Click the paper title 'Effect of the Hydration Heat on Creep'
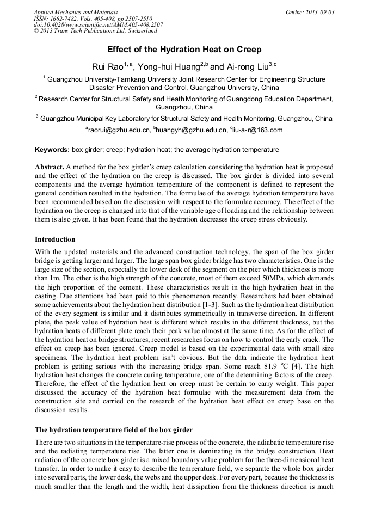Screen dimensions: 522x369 (184, 50)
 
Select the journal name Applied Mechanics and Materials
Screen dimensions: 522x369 (76, 12)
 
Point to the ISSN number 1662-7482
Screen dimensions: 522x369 (66, 19)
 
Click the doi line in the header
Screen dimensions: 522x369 (98, 25)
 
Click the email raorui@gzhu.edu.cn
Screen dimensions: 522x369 (119, 130)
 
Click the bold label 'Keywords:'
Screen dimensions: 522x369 (52, 150)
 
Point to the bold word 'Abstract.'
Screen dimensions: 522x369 (50, 167)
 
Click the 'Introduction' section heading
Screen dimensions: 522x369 (55, 239)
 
